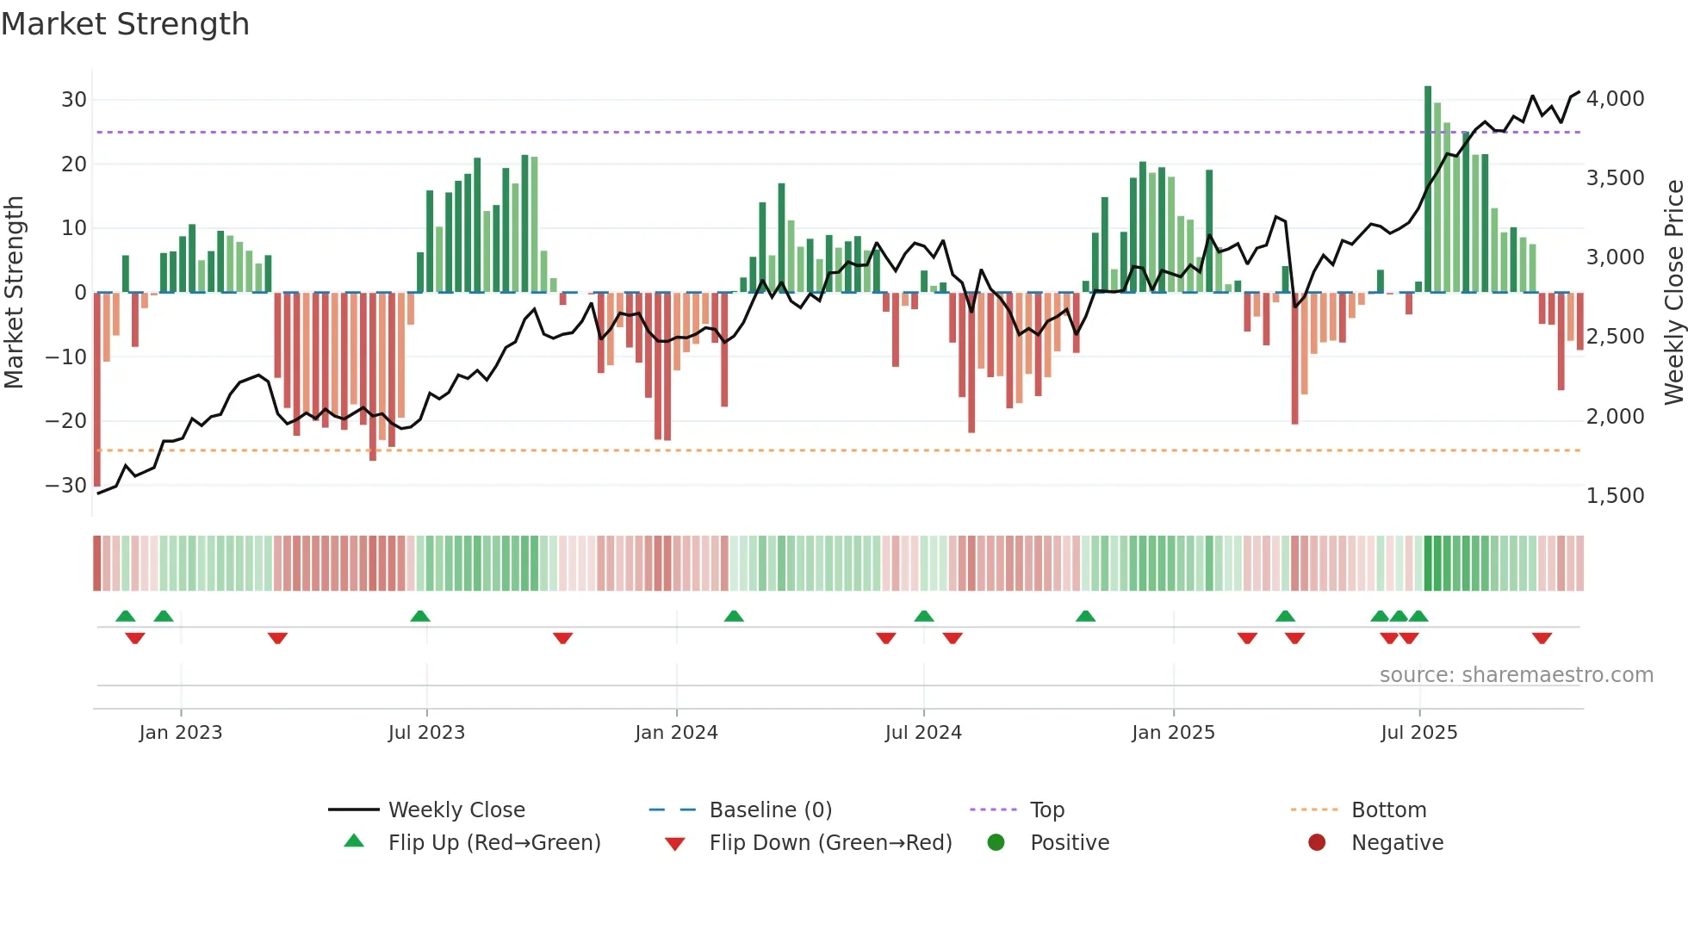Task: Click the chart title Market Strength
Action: point(126,24)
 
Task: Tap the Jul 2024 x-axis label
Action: point(923,733)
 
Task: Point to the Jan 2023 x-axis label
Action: point(181,733)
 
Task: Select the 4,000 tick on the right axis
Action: point(1615,99)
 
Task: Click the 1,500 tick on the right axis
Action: point(1615,496)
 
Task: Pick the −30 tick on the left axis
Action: point(66,486)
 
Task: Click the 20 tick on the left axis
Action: point(73,164)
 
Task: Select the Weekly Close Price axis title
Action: point(1673,292)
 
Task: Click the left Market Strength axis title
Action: point(15,292)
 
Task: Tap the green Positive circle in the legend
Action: point(996,843)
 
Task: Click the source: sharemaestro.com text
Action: point(1516,675)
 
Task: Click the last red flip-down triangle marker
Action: point(1542,638)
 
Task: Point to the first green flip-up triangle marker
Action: point(126,617)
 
